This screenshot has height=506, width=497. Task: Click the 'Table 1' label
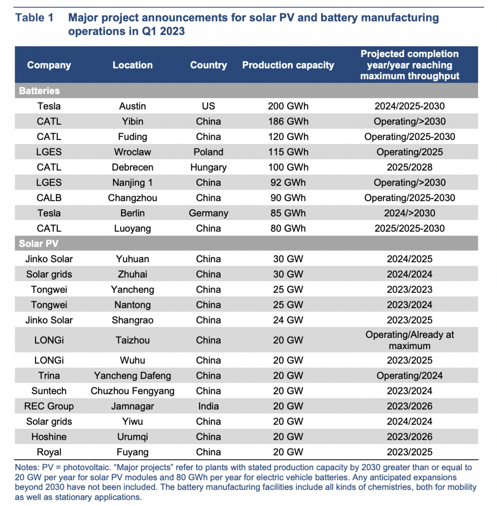pyautogui.click(x=34, y=18)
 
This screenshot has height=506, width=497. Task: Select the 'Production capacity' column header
pyautogui.click(x=288, y=65)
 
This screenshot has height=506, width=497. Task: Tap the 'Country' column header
pyautogui.click(x=209, y=65)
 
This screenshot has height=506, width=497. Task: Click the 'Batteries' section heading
pyautogui.click(x=39, y=91)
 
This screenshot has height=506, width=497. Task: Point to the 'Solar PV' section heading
pyautogui.click(x=39, y=244)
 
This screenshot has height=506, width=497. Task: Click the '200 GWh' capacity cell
pyautogui.click(x=288, y=106)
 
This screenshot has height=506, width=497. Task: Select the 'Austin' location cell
pyautogui.click(x=132, y=106)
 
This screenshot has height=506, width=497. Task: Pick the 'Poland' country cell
pyautogui.click(x=209, y=152)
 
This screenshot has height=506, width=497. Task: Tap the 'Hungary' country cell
pyautogui.click(x=209, y=167)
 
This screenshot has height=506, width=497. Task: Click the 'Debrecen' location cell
pyautogui.click(x=132, y=167)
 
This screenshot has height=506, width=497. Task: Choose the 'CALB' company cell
pyautogui.click(x=49, y=198)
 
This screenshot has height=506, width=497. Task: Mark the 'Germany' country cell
pyautogui.click(x=209, y=213)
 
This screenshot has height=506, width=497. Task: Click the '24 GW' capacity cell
pyautogui.click(x=288, y=320)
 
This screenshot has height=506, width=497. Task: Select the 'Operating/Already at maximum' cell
pyautogui.click(x=410, y=340)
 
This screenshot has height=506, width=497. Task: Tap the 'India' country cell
pyautogui.click(x=209, y=406)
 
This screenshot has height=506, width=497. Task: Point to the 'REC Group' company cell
pyautogui.click(x=49, y=406)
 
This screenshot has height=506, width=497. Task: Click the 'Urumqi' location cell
pyautogui.click(x=132, y=437)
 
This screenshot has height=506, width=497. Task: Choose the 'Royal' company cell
pyautogui.click(x=49, y=452)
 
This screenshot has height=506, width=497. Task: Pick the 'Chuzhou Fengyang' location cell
pyautogui.click(x=132, y=391)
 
